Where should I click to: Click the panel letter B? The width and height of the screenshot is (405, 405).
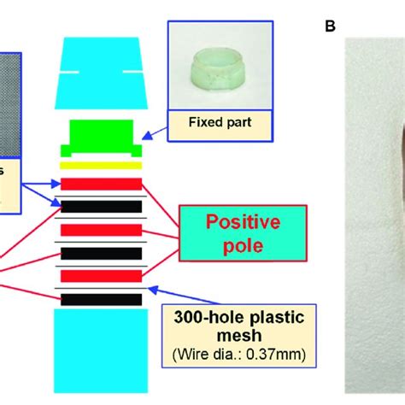click(330, 26)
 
